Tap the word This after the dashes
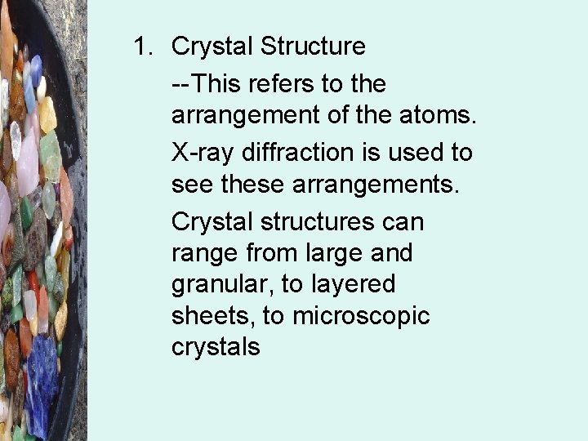pyautogui.click(x=225, y=83)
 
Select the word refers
pyautogui.click(x=293, y=83)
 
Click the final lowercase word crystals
pyautogui.click(x=216, y=347)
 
